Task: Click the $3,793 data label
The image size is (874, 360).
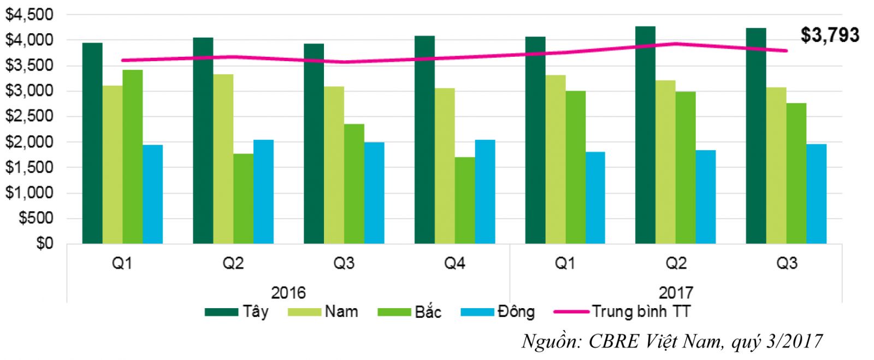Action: point(829,35)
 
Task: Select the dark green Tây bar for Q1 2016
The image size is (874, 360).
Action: point(92,143)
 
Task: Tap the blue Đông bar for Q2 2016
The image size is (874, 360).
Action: point(263,191)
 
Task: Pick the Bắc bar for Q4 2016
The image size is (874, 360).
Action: point(464,200)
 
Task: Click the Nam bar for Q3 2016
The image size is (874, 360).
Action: point(334,164)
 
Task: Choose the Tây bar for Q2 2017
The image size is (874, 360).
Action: point(645,135)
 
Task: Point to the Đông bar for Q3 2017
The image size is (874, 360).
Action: point(816,193)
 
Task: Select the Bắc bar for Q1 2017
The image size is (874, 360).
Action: point(575,167)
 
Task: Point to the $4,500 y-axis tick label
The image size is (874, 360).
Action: point(29,15)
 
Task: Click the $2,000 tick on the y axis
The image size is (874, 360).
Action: point(29,142)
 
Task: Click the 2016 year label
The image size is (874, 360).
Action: point(288,292)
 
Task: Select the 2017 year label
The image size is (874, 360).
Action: point(676,292)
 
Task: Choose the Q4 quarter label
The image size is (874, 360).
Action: point(454,264)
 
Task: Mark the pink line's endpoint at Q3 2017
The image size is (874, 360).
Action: point(786,51)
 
